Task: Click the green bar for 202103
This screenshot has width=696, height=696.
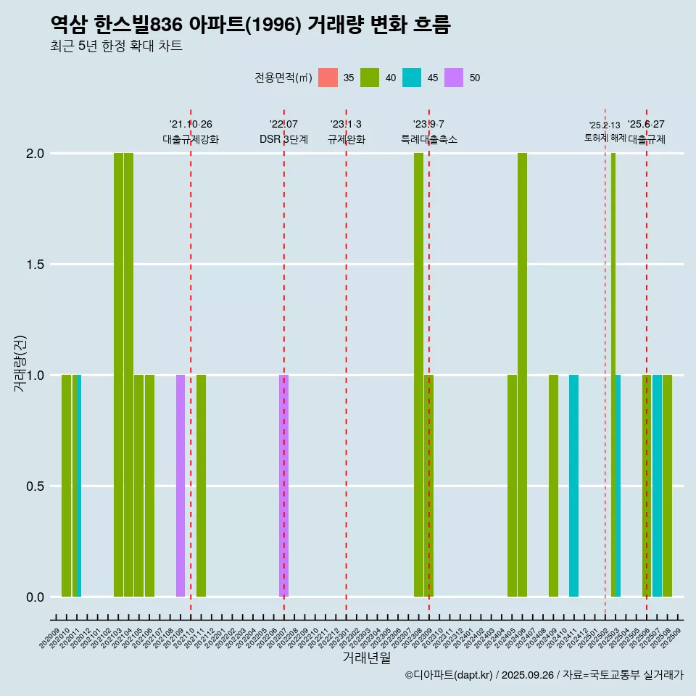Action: tap(118, 375)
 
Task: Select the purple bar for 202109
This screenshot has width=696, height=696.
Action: tap(181, 486)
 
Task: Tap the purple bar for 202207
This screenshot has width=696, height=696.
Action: tap(283, 486)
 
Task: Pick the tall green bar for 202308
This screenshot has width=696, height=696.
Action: tap(418, 375)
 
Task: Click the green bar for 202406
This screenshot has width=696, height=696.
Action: tap(522, 375)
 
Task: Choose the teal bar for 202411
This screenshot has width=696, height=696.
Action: tap(573, 486)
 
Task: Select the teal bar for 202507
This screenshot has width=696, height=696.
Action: tap(657, 486)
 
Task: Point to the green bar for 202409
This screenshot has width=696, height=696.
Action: tap(553, 486)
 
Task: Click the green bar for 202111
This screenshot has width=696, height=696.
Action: tap(201, 486)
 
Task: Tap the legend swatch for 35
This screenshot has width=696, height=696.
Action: tap(328, 78)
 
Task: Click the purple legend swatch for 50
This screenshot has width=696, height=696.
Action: tap(454, 78)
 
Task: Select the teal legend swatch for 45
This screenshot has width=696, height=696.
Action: tap(412, 78)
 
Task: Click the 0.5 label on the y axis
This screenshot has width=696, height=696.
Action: tap(36, 486)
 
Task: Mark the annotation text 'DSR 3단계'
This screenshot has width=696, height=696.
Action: tap(283, 139)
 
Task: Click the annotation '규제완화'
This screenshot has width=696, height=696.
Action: tap(346, 139)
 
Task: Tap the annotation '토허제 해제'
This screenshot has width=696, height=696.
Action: tap(605, 138)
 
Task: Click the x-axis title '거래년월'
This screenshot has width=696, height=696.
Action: tap(366, 658)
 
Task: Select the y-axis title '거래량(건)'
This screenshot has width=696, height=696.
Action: tap(20, 362)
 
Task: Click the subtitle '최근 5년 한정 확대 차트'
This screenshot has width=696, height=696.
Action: tap(116, 46)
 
